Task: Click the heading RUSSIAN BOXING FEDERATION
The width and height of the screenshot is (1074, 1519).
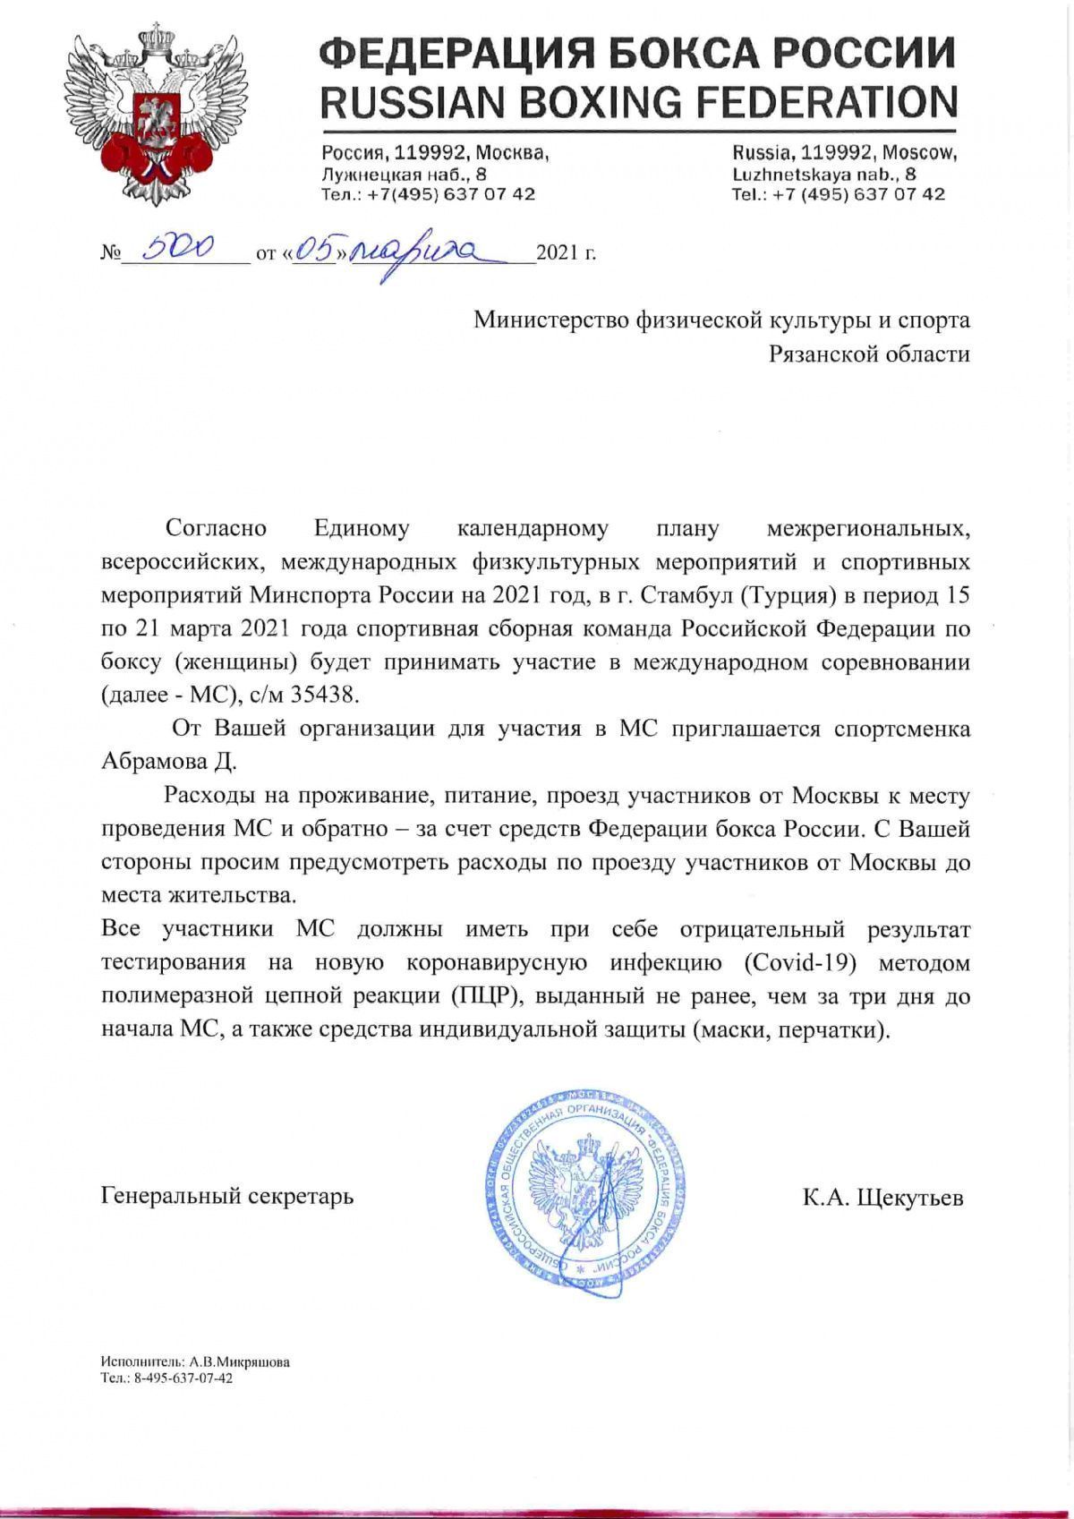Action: (x=638, y=101)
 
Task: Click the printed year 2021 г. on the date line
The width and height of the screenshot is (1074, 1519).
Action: (x=565, y=254)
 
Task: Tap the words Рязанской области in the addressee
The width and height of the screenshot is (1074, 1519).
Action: (x=869, y=354)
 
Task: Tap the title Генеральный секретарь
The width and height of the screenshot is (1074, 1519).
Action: (x=228, y=1195)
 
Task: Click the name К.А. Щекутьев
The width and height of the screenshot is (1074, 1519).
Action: (x=882, y=1197)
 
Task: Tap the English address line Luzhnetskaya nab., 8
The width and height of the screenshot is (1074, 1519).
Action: (x=823, y=175)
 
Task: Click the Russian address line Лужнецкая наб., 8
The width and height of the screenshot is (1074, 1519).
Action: (x=405, y=175)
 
